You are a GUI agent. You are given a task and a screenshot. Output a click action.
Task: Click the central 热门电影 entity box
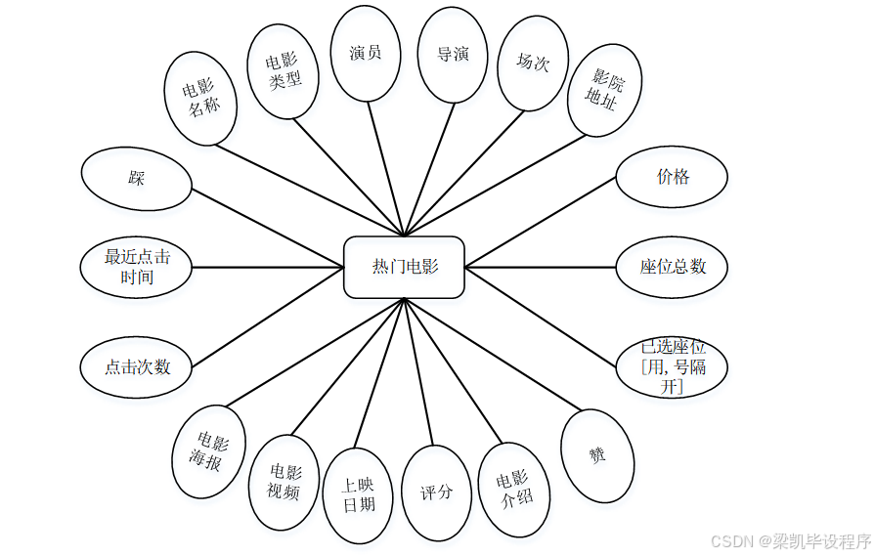(404, 267)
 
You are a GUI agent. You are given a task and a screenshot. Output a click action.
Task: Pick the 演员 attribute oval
(366, 54)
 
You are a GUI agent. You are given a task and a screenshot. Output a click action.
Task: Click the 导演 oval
(453, 55)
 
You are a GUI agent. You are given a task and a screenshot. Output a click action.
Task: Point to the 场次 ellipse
(533, 63)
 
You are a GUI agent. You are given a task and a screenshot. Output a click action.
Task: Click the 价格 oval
(672, 177)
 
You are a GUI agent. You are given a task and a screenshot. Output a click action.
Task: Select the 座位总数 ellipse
(673, 266)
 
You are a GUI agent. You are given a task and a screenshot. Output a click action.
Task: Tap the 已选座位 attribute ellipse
(673, 366)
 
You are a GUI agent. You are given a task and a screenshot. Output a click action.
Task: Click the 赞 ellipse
(595, 455)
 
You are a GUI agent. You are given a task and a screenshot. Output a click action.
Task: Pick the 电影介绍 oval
(514, 489)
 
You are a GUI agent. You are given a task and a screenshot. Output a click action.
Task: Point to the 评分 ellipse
(436, 492)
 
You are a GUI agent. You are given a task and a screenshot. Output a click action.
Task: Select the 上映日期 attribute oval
(358, 494)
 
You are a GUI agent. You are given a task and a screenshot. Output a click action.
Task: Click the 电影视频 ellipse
(284, 482)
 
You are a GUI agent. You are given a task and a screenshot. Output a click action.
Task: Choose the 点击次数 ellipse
(137, 367)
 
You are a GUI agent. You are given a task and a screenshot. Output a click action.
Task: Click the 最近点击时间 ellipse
(137, 267)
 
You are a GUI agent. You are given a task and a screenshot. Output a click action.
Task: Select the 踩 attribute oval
(136, 179)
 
